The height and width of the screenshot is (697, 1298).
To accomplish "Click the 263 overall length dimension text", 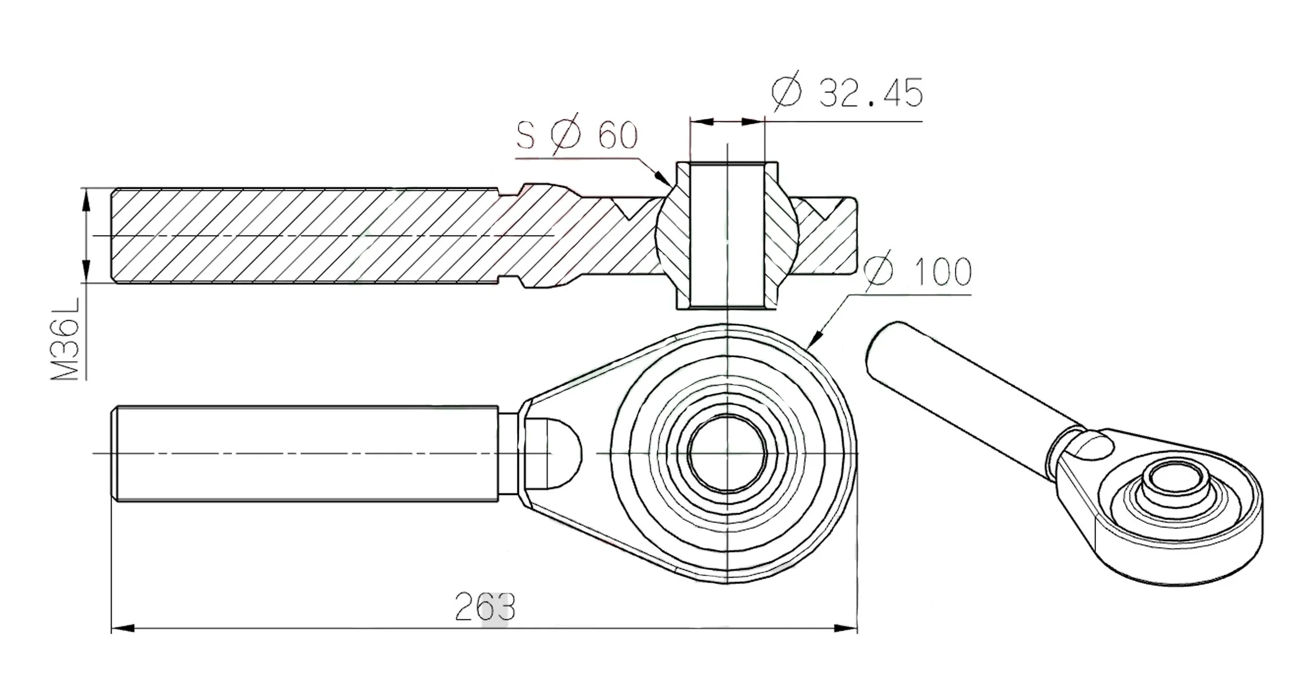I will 485,607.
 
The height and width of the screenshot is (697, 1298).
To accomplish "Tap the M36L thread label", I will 65,350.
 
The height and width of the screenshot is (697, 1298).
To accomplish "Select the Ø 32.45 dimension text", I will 847,93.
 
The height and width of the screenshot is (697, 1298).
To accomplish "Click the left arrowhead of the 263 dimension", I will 122,628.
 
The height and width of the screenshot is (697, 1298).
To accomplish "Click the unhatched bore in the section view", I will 727,235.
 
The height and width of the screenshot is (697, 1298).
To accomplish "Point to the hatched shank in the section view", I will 303,236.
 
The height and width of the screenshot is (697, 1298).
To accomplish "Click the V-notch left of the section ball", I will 630,209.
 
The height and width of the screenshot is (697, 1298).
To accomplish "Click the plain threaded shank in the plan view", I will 303,453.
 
